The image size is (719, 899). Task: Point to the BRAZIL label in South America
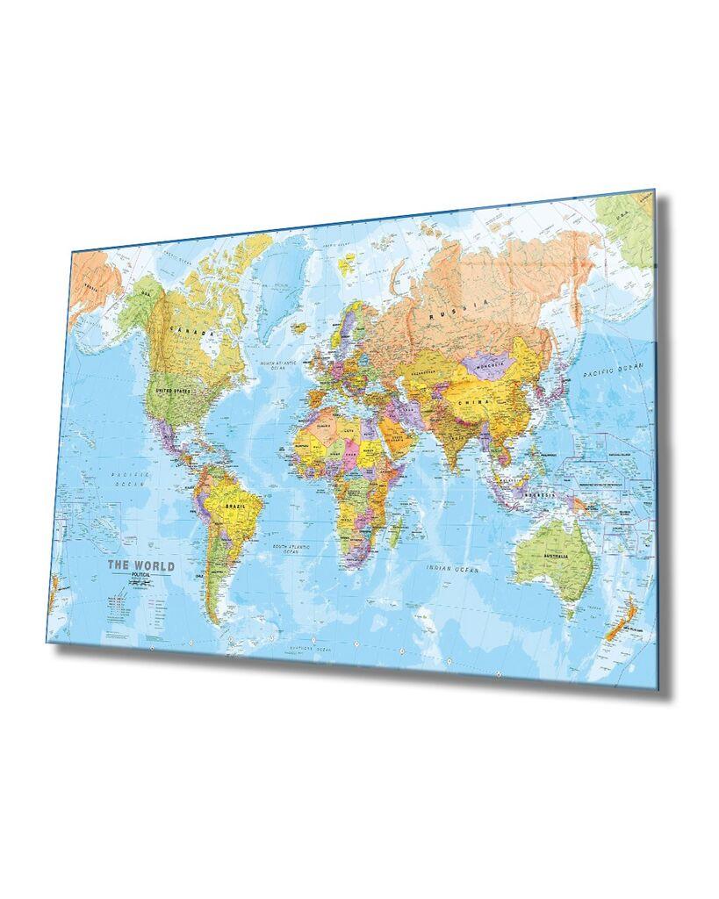234,507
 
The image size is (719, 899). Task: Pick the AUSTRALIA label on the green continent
556,557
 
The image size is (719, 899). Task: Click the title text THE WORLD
140,566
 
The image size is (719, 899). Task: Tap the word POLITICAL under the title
140,576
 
